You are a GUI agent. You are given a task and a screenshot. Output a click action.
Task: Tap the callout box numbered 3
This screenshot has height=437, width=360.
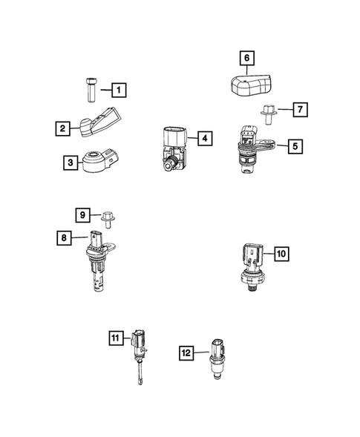tap(70, 161)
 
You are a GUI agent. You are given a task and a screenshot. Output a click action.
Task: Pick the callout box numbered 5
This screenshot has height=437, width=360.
tap(295, 146)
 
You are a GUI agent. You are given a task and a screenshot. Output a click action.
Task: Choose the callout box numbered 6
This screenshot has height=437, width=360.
tap(246, 56)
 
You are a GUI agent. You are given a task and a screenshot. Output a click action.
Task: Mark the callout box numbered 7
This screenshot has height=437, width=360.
tap(299, 110)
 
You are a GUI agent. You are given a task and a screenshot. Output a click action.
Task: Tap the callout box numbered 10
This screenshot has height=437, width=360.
tap(280, 254)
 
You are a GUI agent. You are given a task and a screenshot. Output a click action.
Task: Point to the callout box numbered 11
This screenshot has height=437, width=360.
tap(115, 338)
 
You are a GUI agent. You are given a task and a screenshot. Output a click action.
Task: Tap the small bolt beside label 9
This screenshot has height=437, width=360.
tap(107, 217)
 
